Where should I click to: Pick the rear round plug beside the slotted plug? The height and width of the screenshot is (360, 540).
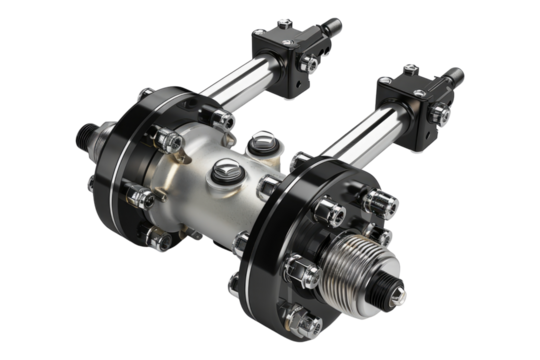point(264,142)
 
